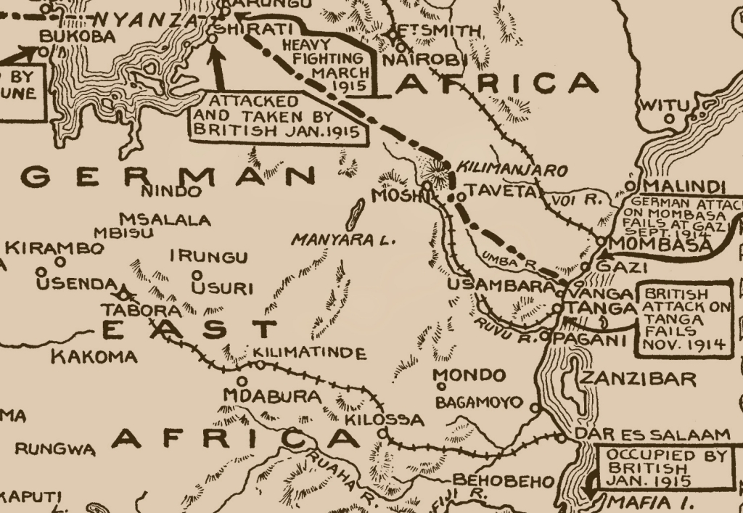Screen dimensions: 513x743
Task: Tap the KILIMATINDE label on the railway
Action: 308,353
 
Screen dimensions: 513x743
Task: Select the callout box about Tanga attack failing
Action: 684,317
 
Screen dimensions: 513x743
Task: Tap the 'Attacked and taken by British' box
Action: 276,115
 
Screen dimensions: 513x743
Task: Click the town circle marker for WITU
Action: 669,118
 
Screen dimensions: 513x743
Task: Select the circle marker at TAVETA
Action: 460,197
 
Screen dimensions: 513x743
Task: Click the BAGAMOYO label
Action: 479,402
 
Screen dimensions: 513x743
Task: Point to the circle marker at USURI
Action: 197,274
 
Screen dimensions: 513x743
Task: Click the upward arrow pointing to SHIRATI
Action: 218,67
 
